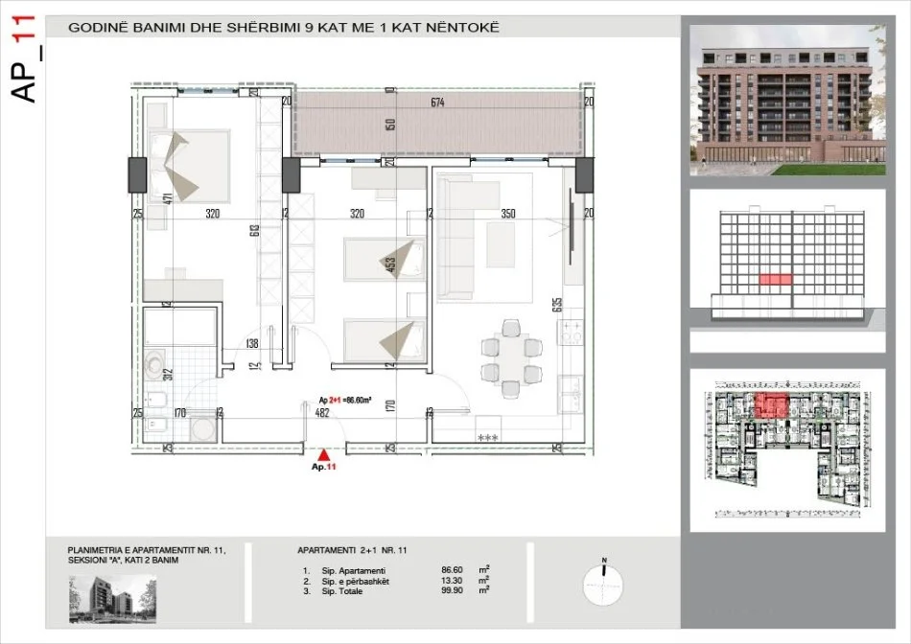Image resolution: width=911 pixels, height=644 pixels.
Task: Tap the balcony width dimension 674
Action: [x=437, y=103]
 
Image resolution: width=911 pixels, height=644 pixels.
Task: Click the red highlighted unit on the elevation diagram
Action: [x=775, y=279]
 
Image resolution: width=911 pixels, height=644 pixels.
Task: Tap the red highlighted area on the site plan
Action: [x=769, y=406]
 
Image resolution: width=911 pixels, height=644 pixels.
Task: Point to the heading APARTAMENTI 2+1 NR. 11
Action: [x=353, y=551]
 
